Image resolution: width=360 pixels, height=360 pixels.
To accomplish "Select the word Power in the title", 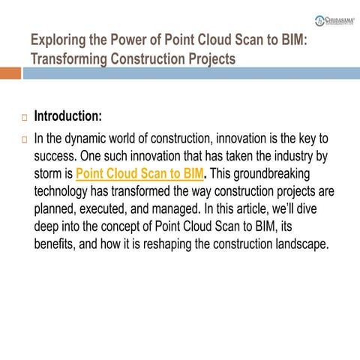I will [145, 40].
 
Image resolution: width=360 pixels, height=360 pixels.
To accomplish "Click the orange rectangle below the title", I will [10, 73].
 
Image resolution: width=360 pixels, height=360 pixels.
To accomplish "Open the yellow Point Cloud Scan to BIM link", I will [140, 175].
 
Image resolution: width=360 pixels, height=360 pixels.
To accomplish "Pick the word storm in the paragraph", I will [52, 175].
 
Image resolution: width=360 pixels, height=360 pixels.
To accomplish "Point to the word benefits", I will [58, 244].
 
